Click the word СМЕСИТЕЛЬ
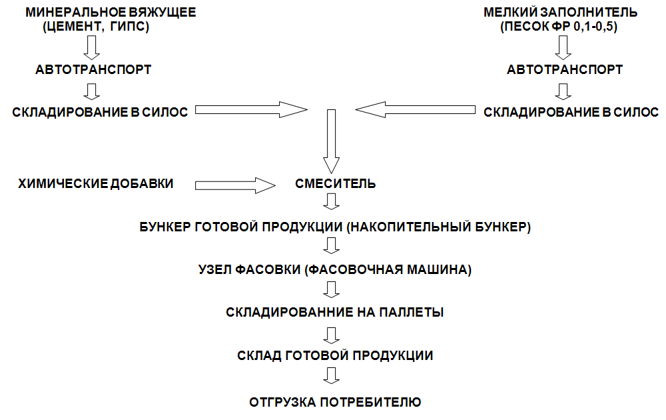[x=335, y=183]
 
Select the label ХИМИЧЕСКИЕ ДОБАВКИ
[x=96, y=183]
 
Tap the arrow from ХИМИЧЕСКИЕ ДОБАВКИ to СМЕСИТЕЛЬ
[x=235, y=185]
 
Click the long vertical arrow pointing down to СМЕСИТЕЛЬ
[x=331, y=141]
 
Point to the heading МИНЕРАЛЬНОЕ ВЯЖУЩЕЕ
[x=111, y=12]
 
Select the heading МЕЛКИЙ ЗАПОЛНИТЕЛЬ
[x=560, y=12]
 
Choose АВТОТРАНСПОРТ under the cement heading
[x=93, y=70]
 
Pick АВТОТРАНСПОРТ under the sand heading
[x=565, y=70]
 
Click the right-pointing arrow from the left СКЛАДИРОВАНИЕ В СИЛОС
[x=251, y=110]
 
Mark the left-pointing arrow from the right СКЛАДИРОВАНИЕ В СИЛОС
[x=416, y=110]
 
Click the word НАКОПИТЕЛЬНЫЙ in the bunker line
[x=411, y=227]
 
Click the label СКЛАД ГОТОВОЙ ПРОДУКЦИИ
[x=335, y=355]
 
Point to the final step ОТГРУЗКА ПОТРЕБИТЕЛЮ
[x=335, y=402]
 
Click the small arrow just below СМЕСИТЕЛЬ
[x=331, y=201]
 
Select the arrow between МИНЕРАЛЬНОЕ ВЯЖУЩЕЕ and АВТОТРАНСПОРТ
[x=92, y=47]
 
